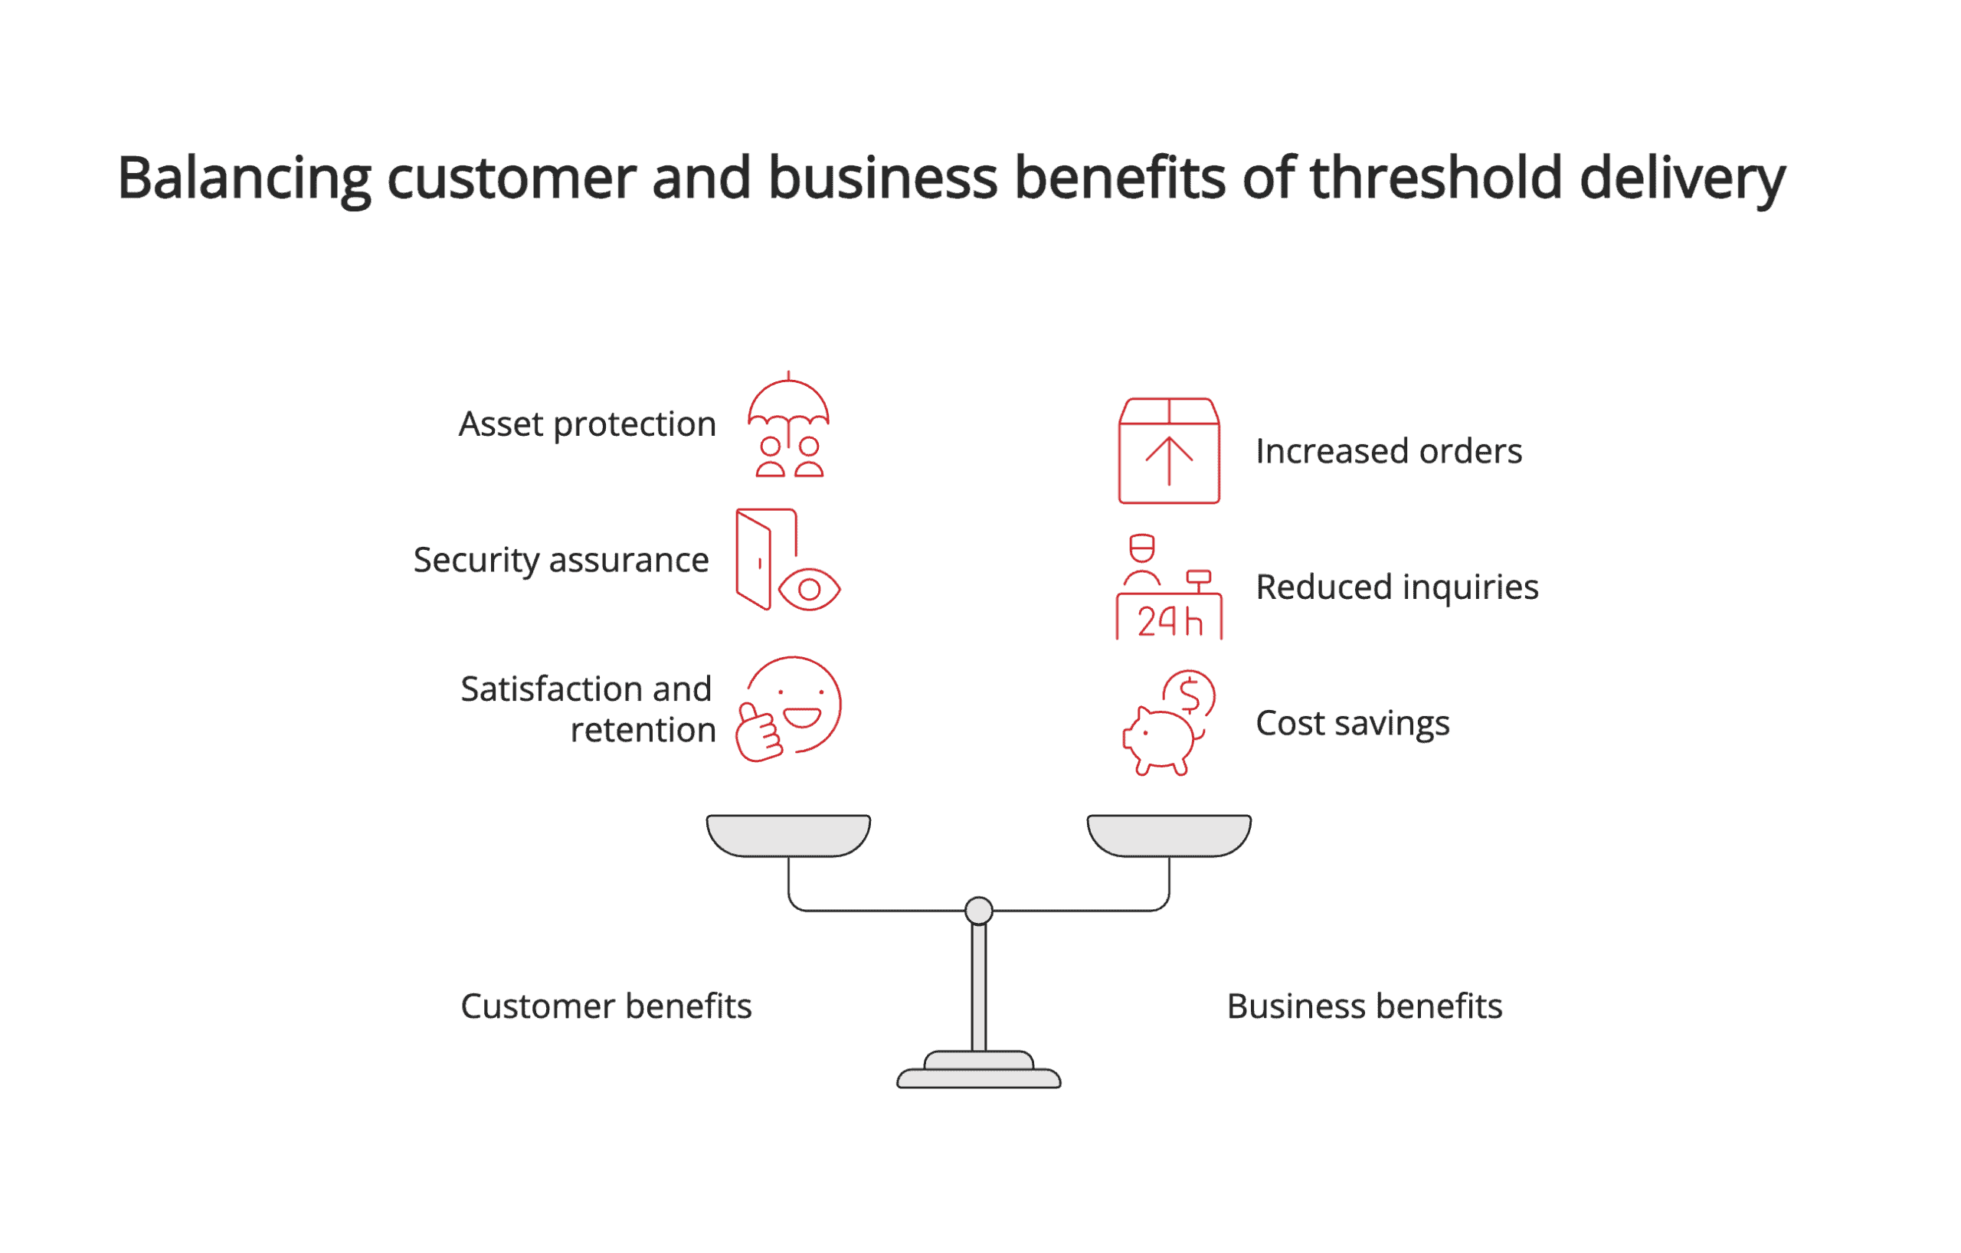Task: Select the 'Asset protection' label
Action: click(588, 425)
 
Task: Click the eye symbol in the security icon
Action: click(809, 590)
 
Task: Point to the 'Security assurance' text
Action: click(561, 561)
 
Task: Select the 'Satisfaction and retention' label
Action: click(588, 709)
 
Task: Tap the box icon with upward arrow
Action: click(1169, 451)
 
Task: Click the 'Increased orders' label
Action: click(1389, 452)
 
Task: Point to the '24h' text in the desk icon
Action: click(1170, 623)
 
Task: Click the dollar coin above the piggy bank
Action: click(1190, 695)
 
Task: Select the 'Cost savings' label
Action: click(1353, 724)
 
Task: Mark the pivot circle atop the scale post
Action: click(979, 910)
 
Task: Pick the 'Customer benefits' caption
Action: click(606, 1007)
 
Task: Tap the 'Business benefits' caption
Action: click(1364, 1007)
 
